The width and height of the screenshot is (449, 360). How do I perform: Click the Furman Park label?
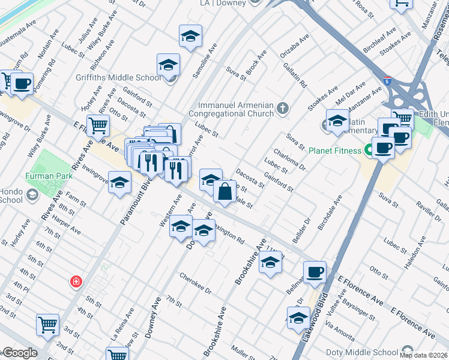click(x=49, y=176)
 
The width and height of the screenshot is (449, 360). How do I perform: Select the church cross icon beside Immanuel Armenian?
click(x=283, y=109)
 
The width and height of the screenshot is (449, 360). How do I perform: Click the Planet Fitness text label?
click(x=334, y=151)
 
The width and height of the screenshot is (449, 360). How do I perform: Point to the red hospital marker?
click(x=76, y=281)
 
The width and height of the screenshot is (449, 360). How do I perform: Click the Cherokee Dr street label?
click(x=196, y=282)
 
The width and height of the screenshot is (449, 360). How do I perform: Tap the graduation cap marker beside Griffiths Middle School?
click(x=169, y=65)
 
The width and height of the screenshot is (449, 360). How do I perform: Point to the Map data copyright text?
click(x=423, y=355)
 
